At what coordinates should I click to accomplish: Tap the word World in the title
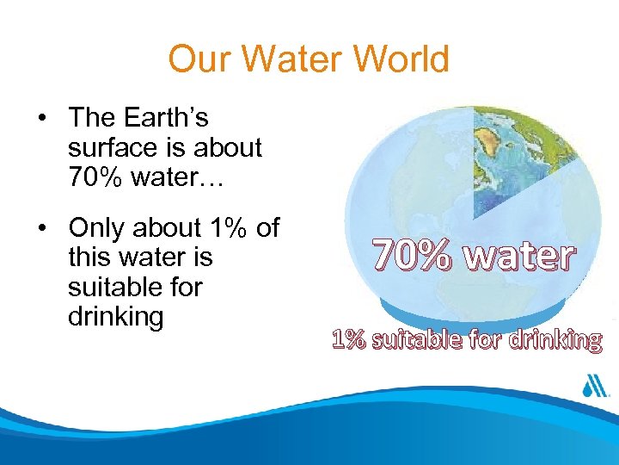[x=401, y=60]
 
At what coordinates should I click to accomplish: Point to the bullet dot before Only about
[x=41, y=229]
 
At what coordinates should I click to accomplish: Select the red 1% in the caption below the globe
[x=348, y=340]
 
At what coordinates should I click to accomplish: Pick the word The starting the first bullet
[x=93, y=117]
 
